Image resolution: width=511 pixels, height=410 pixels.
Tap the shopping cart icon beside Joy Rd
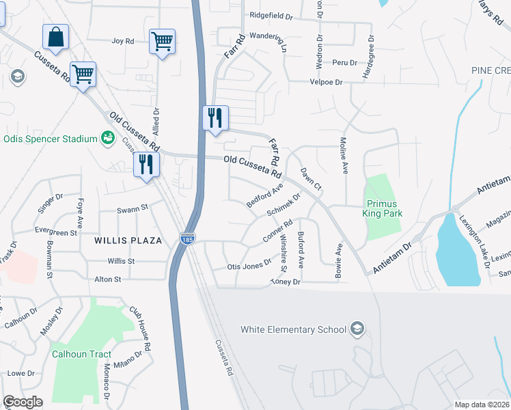click(162, 41)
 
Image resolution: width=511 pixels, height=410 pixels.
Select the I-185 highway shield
click(187, 239)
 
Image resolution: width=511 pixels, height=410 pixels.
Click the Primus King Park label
click(383, 209)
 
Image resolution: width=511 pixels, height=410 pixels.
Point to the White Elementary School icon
click(356, 329)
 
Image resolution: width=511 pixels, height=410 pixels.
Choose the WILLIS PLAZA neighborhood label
click(128, 241)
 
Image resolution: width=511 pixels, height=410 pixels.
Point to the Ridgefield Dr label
click(272, 14)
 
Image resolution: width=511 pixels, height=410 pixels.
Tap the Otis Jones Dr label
click(249, 266)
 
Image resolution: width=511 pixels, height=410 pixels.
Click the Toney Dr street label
click(286, 282)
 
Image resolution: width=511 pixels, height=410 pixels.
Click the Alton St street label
click(107, 279)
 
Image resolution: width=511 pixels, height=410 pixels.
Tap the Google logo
click(23, 402)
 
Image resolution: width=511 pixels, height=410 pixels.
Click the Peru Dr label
click(345, 62)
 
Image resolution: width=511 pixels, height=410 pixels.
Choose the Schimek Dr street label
click(284, 206)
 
